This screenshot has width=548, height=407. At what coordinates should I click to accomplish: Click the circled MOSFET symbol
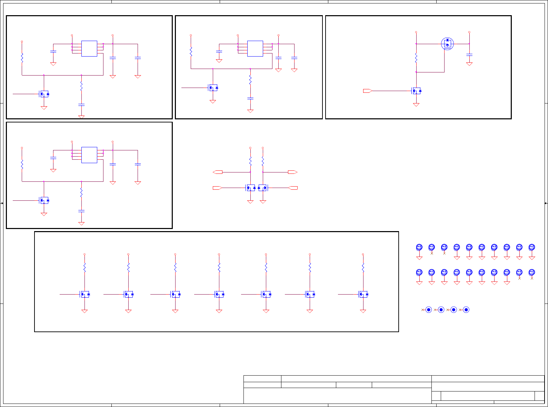447,44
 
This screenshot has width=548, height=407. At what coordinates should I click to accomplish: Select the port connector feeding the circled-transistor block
367,91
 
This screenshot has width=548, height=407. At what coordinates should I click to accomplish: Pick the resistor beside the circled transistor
416,58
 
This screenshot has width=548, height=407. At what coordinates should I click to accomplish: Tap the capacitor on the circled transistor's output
469,54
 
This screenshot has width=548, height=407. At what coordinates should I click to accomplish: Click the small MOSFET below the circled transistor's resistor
417,91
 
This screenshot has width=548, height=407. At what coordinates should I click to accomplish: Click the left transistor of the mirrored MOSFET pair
251,188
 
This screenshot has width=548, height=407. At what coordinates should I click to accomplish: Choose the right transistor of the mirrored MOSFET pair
262,188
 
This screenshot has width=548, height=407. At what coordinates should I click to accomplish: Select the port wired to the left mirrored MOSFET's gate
217,188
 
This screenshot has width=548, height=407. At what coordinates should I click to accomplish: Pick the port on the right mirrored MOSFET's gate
293,188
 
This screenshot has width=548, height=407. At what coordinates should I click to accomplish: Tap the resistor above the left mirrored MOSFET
250,161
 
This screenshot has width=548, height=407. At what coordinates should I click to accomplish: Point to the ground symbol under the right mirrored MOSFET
263,202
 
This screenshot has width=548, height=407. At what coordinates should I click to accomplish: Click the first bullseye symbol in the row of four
429,310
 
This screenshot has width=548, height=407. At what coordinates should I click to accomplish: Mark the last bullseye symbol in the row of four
466,310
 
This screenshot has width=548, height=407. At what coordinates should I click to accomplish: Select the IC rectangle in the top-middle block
255,49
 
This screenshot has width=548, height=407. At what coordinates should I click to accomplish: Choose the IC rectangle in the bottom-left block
89,155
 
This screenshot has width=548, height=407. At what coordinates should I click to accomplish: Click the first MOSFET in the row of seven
85,294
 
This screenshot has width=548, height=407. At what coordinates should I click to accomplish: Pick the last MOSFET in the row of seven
363,294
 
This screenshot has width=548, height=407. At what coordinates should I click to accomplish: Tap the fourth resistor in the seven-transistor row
219,267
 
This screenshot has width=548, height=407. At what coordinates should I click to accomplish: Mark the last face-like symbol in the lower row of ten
532,272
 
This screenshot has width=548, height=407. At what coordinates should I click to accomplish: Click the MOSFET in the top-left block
44,94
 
